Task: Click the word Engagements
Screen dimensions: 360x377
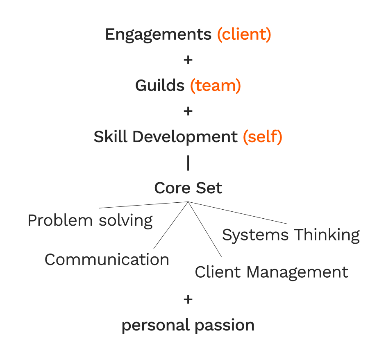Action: pos(159,35)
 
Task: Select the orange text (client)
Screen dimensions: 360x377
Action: pos(244,35)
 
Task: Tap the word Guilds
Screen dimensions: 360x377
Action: pos(160,86)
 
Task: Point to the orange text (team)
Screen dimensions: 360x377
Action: pos(215,86)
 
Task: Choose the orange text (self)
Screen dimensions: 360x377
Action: pos(262,136)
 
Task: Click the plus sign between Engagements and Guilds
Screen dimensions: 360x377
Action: pos(188,60)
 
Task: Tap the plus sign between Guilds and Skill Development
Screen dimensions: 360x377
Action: pos(188,111)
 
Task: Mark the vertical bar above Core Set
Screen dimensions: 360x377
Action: pos(188,163)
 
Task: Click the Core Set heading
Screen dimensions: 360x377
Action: pos(188,188)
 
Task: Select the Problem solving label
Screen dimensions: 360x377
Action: pos(90,221)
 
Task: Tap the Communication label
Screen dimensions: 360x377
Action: pos(107,260)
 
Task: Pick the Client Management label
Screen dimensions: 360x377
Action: pos(271,272)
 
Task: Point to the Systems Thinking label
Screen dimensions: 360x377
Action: pos(291,235)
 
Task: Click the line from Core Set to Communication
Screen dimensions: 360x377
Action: pos(170,225)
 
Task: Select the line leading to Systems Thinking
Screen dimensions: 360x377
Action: pos(238,213)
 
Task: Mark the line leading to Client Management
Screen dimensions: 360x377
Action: pos(205,229)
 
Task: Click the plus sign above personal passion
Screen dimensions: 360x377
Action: pos(188,300)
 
